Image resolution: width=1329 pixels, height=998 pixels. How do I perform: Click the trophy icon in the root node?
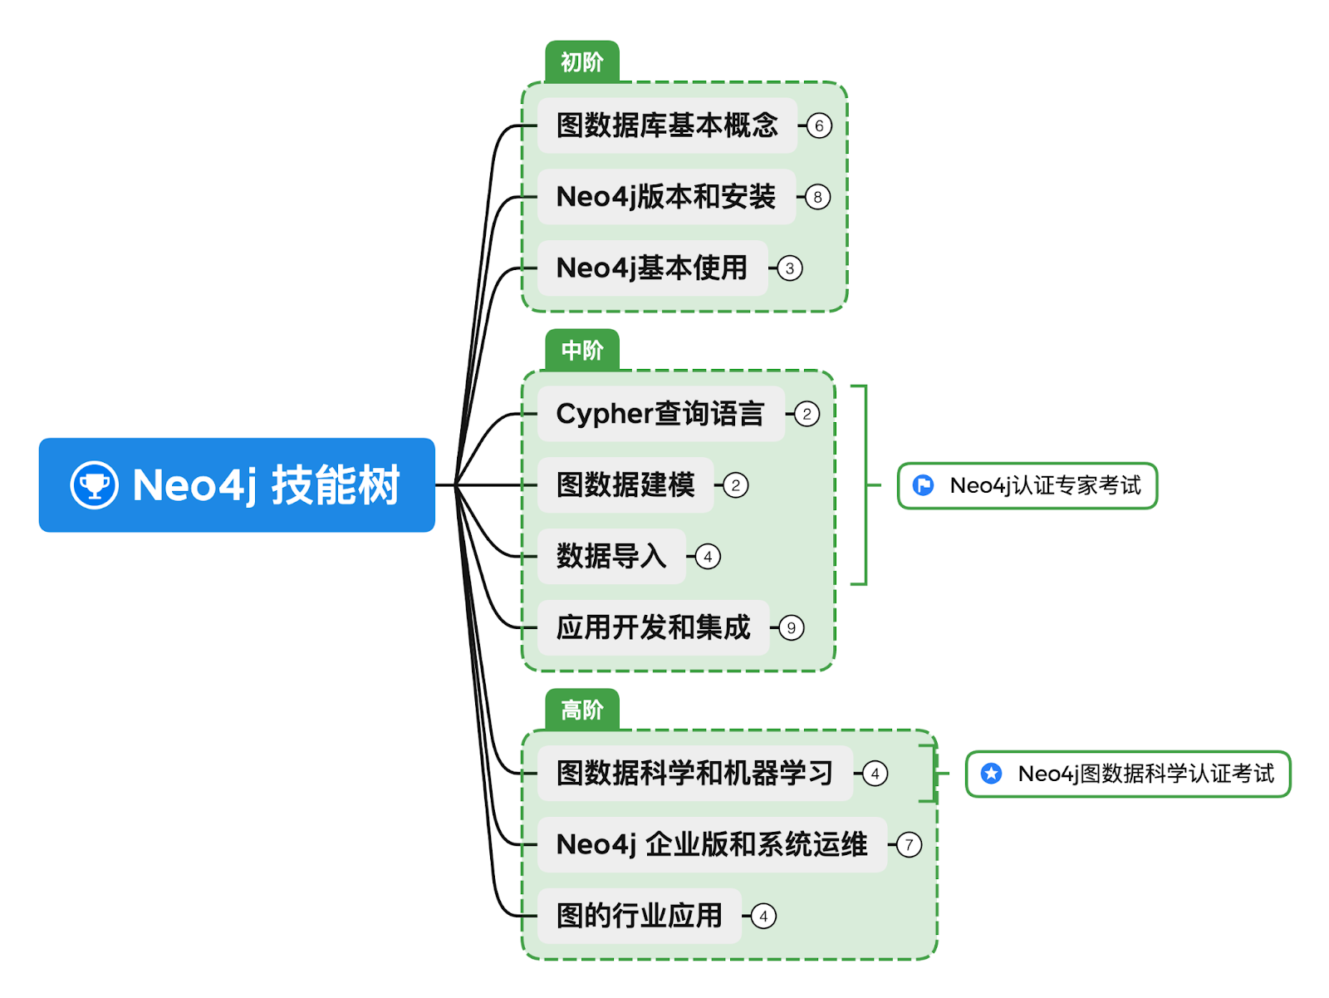click(94, 485)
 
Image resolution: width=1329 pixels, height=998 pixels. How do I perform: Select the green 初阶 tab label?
click(581, 62)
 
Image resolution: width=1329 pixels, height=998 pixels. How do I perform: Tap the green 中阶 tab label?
click(581, 351)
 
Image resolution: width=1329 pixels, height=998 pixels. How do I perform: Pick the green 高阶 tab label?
click(581, 710)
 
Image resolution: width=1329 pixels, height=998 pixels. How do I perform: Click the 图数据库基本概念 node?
click(667, 125)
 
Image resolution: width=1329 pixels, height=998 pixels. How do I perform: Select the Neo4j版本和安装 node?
click(666, 197)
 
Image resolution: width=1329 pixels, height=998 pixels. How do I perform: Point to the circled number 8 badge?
click(818, 197)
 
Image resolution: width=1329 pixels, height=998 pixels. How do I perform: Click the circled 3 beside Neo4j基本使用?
click(790, 268)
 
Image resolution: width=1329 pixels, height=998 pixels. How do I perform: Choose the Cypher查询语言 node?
click(660, 414)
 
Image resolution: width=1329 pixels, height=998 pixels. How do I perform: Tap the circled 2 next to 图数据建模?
click(736, 485)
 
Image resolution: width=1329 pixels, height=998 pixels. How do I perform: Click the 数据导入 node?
click(611, 556)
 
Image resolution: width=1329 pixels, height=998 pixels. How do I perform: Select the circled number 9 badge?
click(792, 628)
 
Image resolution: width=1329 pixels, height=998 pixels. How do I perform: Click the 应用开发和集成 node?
click(653, 627)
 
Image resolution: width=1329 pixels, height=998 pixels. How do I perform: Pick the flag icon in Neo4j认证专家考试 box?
click(923, 485)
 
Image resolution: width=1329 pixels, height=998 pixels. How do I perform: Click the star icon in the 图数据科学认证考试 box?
click(991, 774)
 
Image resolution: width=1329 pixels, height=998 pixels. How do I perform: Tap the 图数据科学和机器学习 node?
click(694, 774)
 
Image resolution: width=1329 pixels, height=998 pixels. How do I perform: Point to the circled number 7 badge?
click(910, 845)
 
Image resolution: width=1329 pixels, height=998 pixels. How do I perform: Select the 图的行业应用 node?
click(639, 916)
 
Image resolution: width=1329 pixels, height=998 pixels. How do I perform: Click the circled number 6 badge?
click(819, 125)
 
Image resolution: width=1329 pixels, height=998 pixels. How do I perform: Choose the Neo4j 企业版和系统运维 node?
click(712, 845)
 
